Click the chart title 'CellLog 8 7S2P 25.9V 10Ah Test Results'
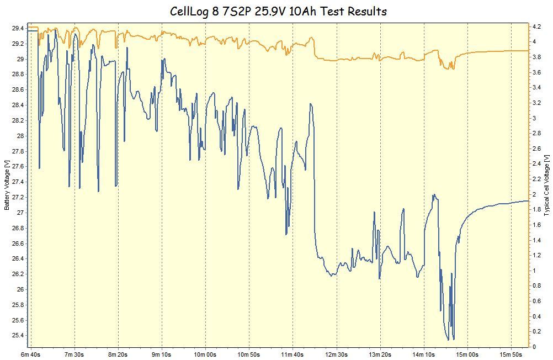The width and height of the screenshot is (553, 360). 278,11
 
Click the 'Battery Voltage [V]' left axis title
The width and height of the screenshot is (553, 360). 7,185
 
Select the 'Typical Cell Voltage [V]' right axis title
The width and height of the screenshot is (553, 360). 546,185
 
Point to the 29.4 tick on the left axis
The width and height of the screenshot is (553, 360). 17,28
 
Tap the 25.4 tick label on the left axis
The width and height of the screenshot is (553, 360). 17,336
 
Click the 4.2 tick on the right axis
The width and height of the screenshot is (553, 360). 536,26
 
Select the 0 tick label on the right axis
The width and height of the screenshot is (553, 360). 534,347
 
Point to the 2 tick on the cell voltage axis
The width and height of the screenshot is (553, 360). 534,194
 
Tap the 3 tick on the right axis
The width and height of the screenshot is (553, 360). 534,118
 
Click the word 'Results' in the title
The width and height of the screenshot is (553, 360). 364,11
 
